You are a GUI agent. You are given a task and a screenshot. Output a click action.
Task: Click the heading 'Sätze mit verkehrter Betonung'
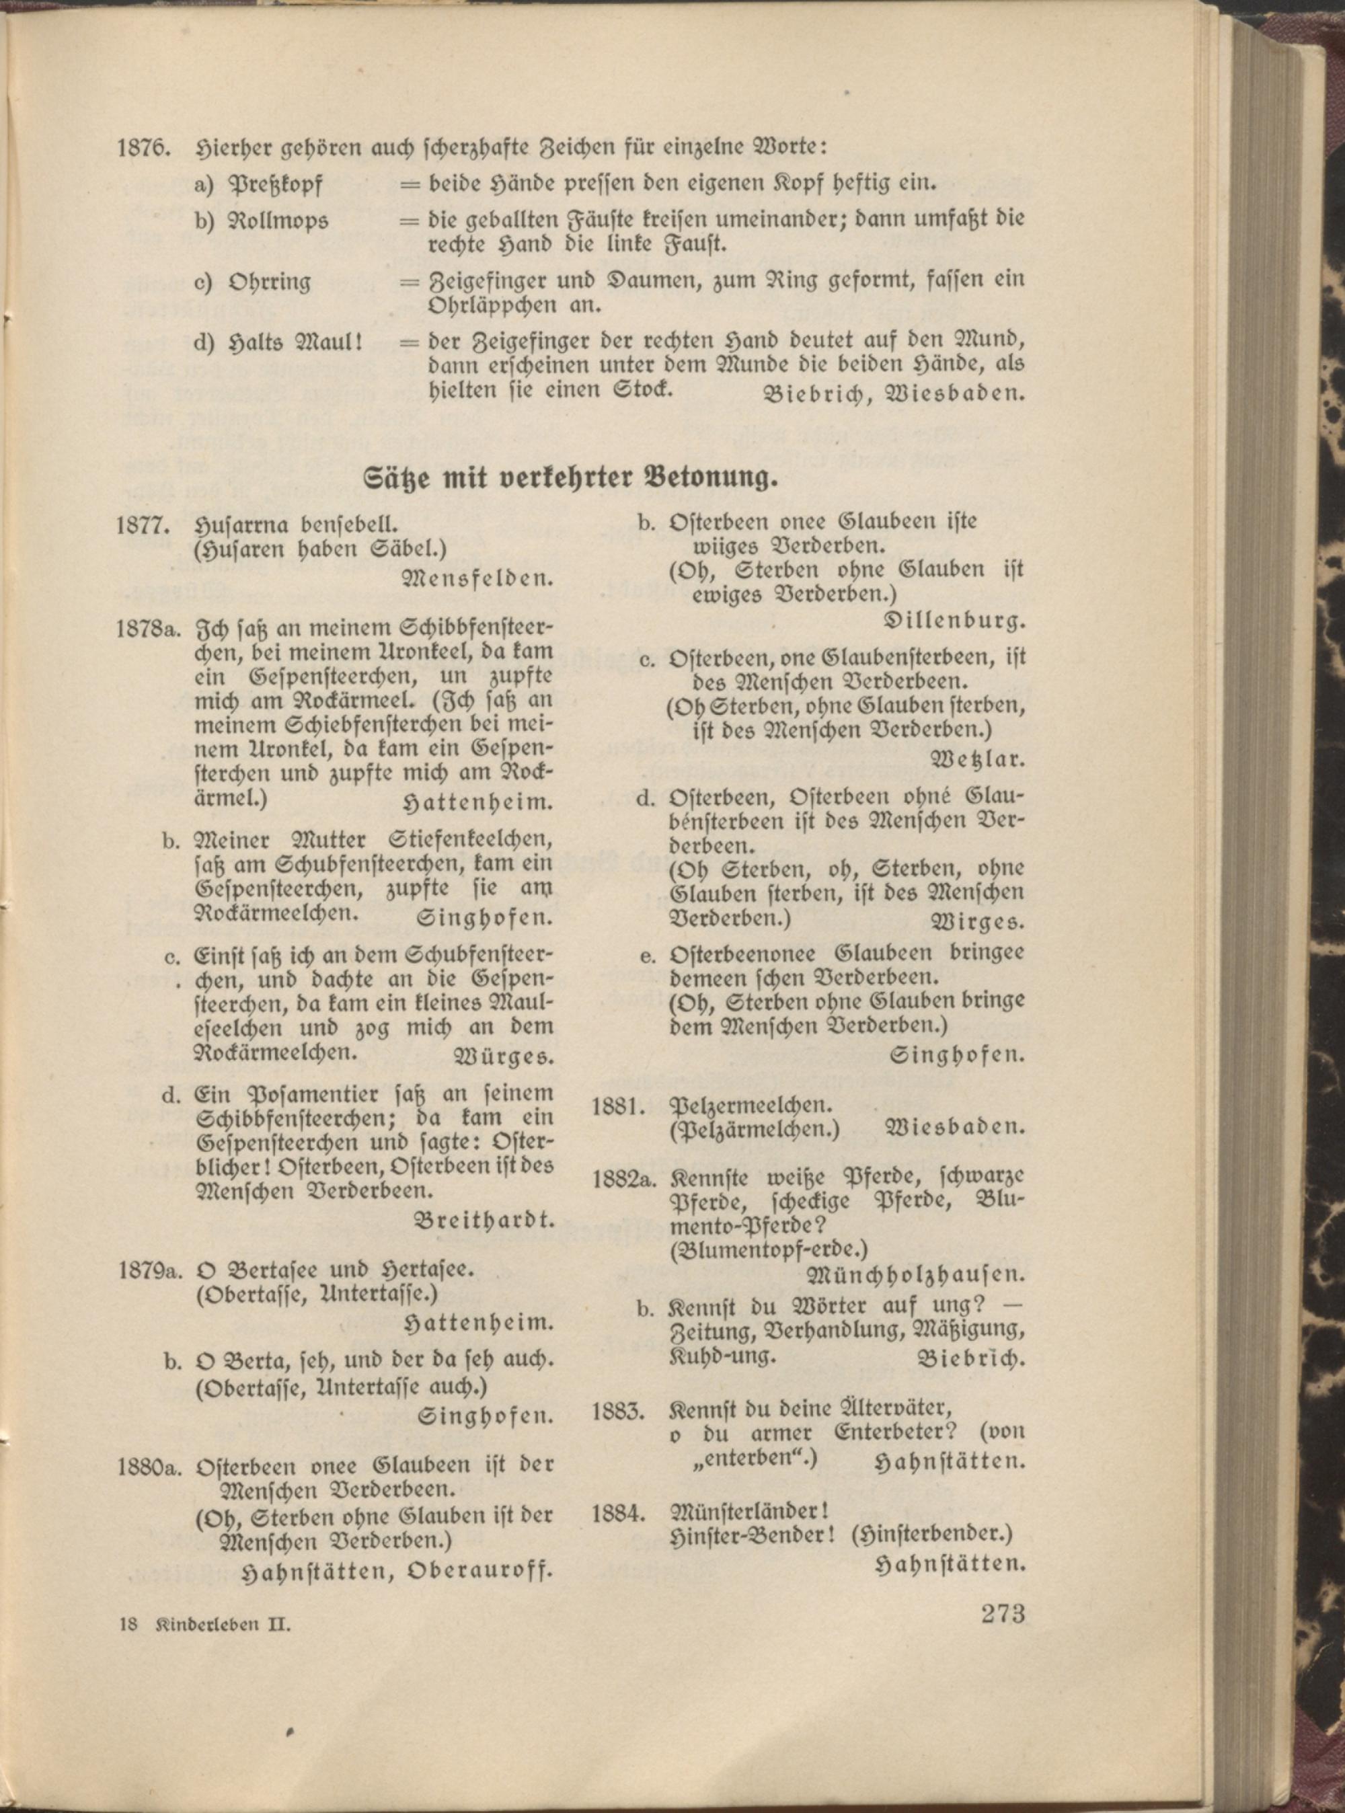[570, 477]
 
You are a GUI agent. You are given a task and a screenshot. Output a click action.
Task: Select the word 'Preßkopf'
[278, 186]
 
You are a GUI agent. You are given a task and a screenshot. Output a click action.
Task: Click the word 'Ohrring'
[270, 282]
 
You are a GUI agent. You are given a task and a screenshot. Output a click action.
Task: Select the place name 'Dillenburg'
[954, 622]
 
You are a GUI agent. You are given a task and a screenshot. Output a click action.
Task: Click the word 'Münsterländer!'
[747, 1512]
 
